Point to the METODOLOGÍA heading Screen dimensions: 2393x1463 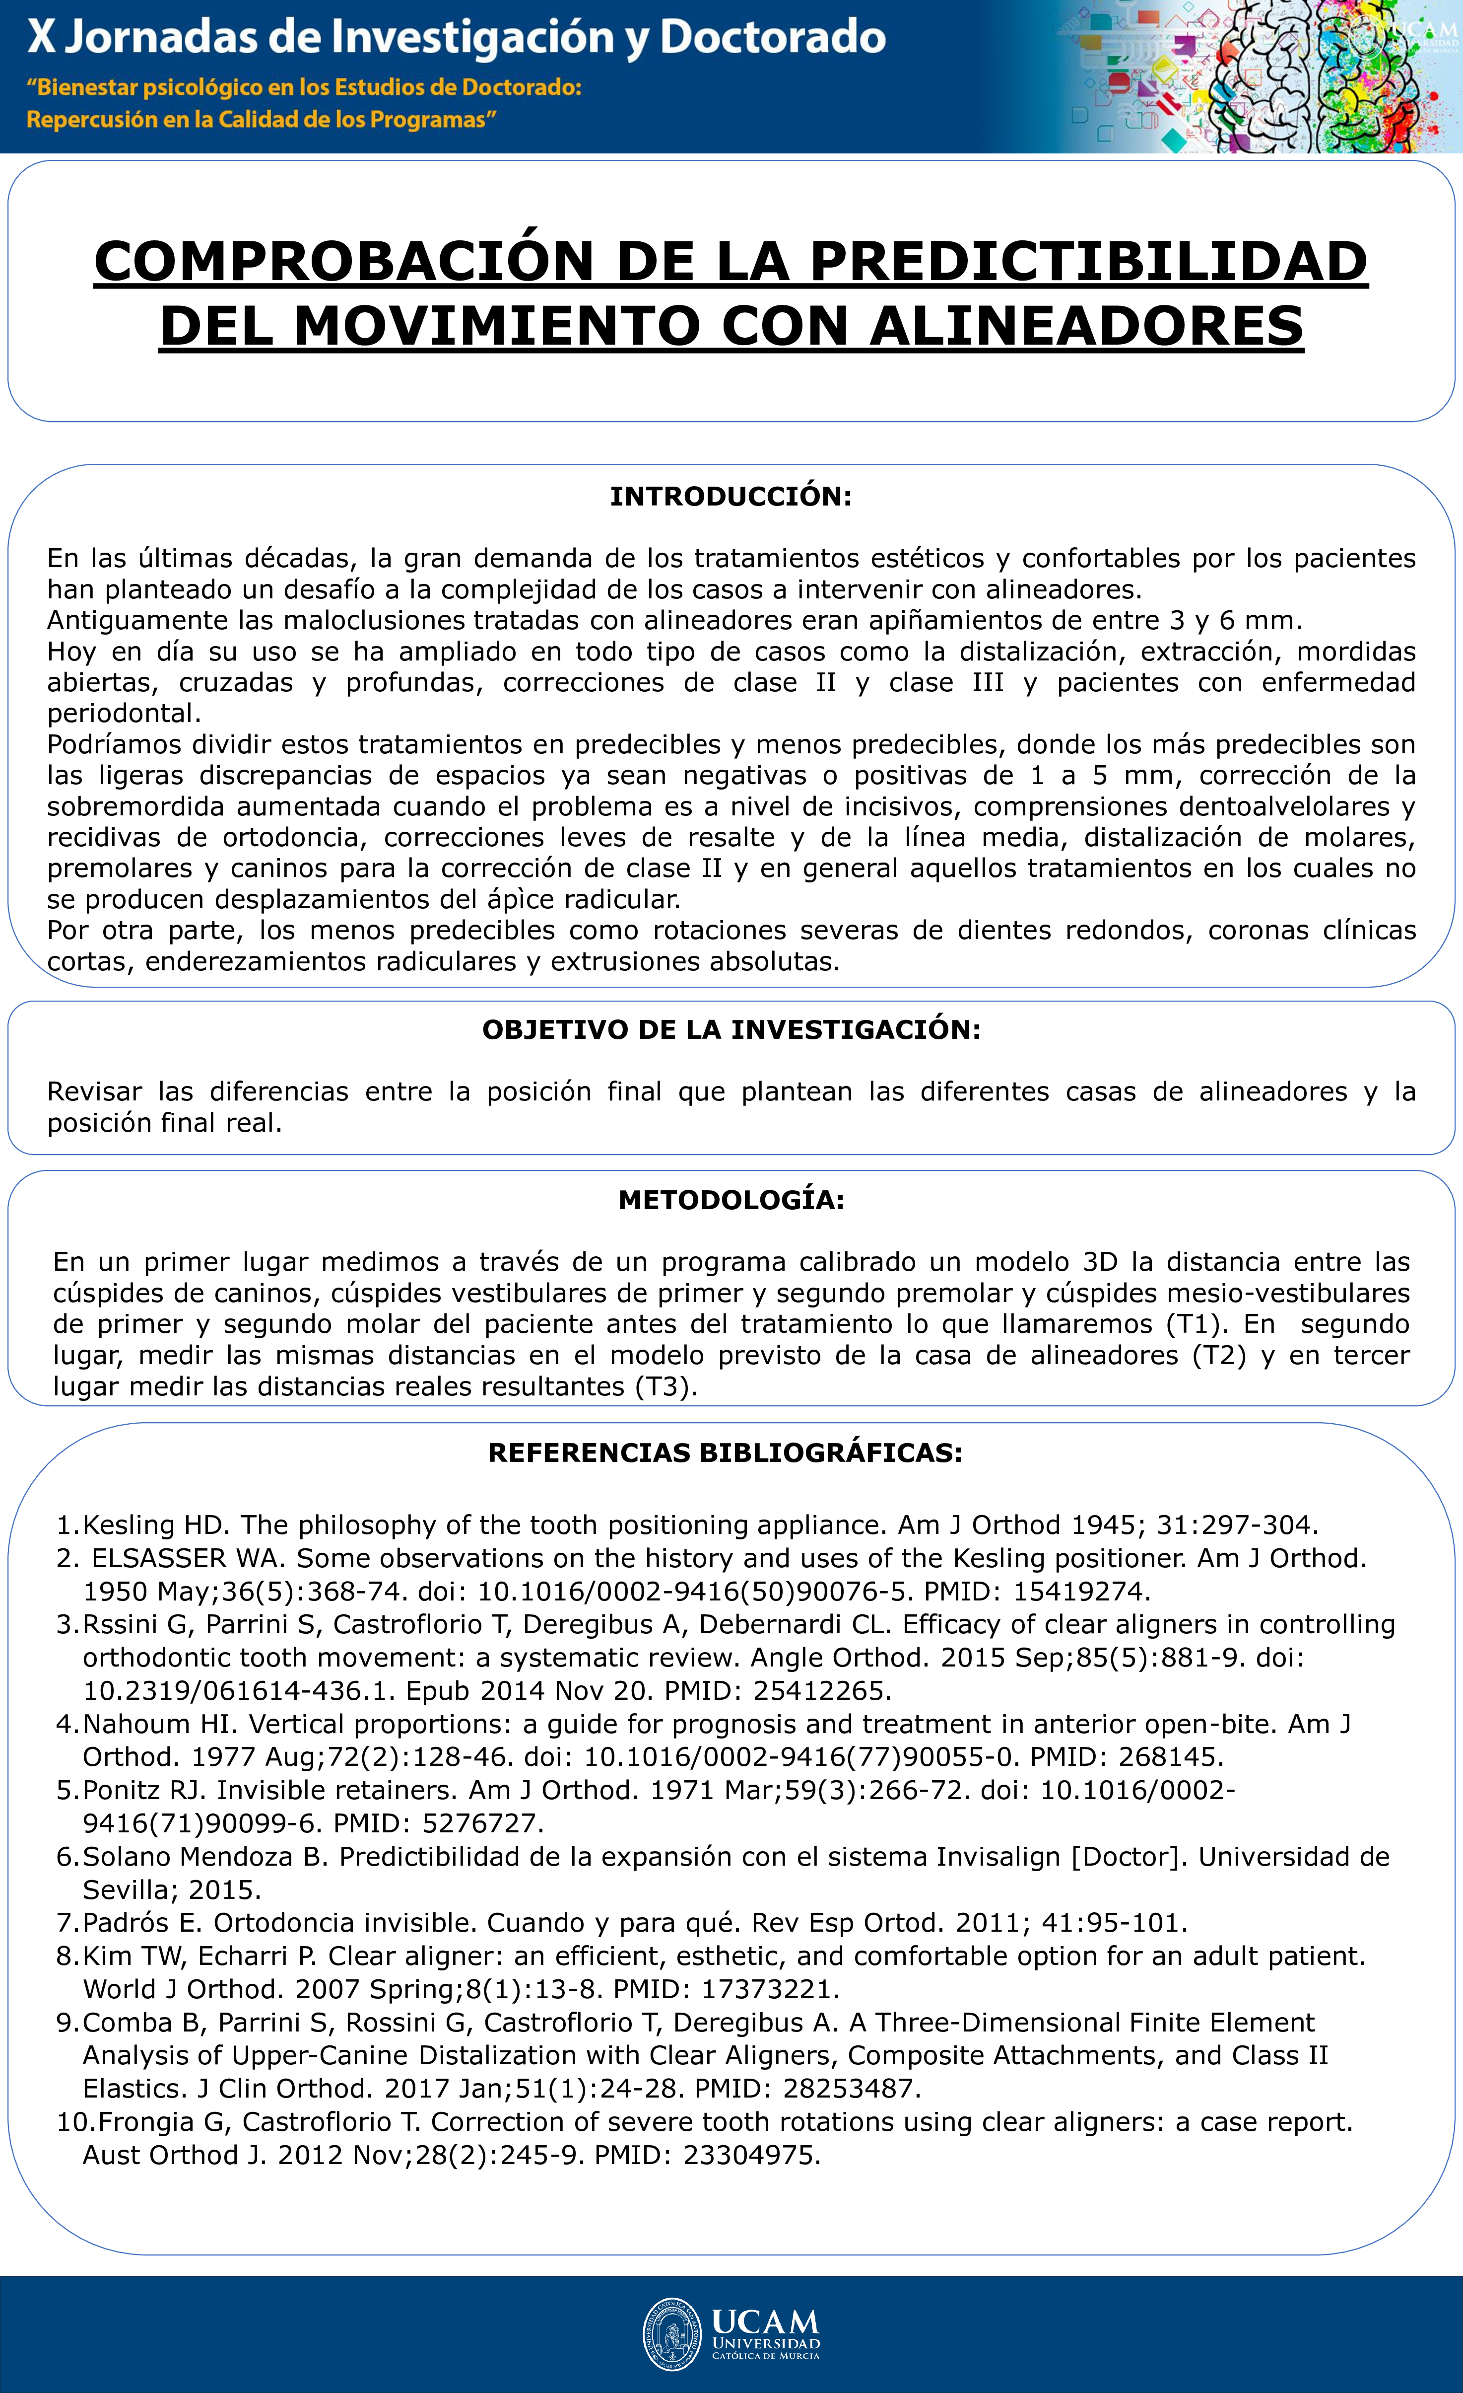click(731, 1200)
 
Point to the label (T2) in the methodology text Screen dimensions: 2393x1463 click(1218, 1356)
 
